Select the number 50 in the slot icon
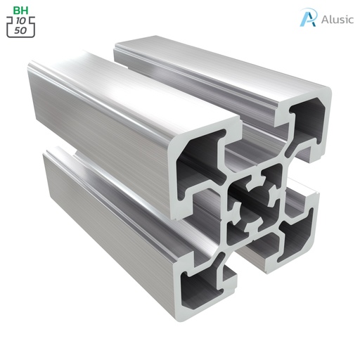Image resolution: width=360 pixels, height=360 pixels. pyautogui.click(x=22, y=32)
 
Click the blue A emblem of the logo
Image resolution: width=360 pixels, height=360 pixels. pyautogui.click(x=307, y=18)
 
